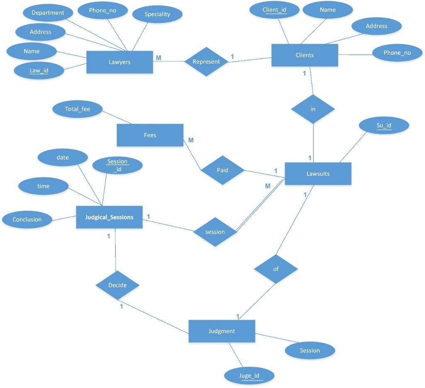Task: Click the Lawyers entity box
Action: point(120,62)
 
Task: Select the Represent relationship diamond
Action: point(206,61)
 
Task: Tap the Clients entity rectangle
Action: point(305,55)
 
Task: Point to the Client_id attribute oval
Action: point(274,10)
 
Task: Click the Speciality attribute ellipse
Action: point(157,15)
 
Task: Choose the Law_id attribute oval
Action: point(39,71)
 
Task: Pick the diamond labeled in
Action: point(313,109)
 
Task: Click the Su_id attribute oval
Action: point(384,125)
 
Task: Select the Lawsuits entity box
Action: point(318,174)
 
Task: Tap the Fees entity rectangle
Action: point(150,135)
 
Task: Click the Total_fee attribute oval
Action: point(78,110)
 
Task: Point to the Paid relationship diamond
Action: point(222,170)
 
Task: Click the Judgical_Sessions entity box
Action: point(109,217)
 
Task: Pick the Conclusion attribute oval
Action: point(27,220)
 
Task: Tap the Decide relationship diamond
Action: point(117,285)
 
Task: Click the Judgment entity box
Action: point(222,331)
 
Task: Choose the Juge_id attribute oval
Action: point(249,376)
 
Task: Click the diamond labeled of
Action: point(276,269)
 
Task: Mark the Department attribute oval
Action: point(48,13)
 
